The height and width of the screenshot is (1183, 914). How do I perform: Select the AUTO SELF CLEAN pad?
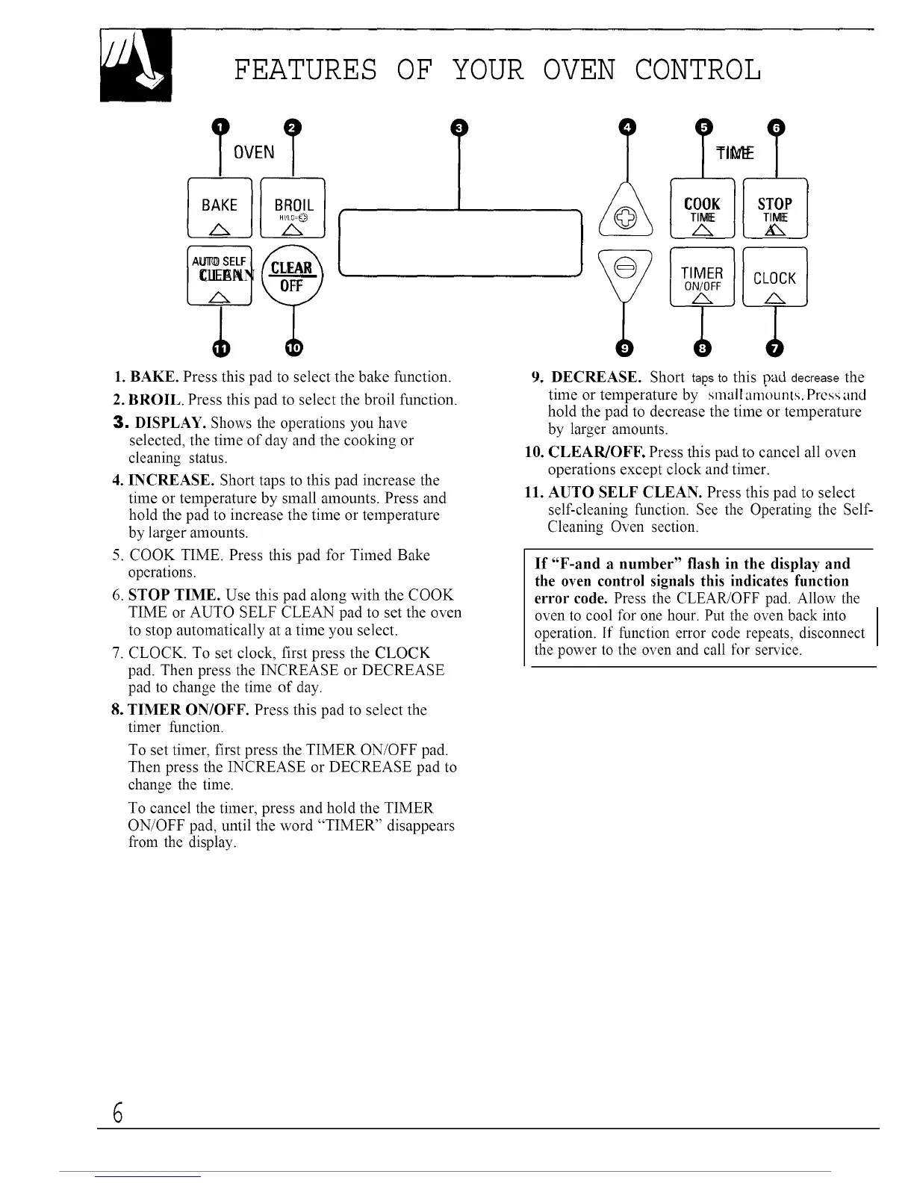tap(220, 274)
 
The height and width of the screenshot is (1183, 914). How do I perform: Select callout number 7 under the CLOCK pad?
tap(775, 348)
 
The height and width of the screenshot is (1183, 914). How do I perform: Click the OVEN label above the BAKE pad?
tap(255, 153)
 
